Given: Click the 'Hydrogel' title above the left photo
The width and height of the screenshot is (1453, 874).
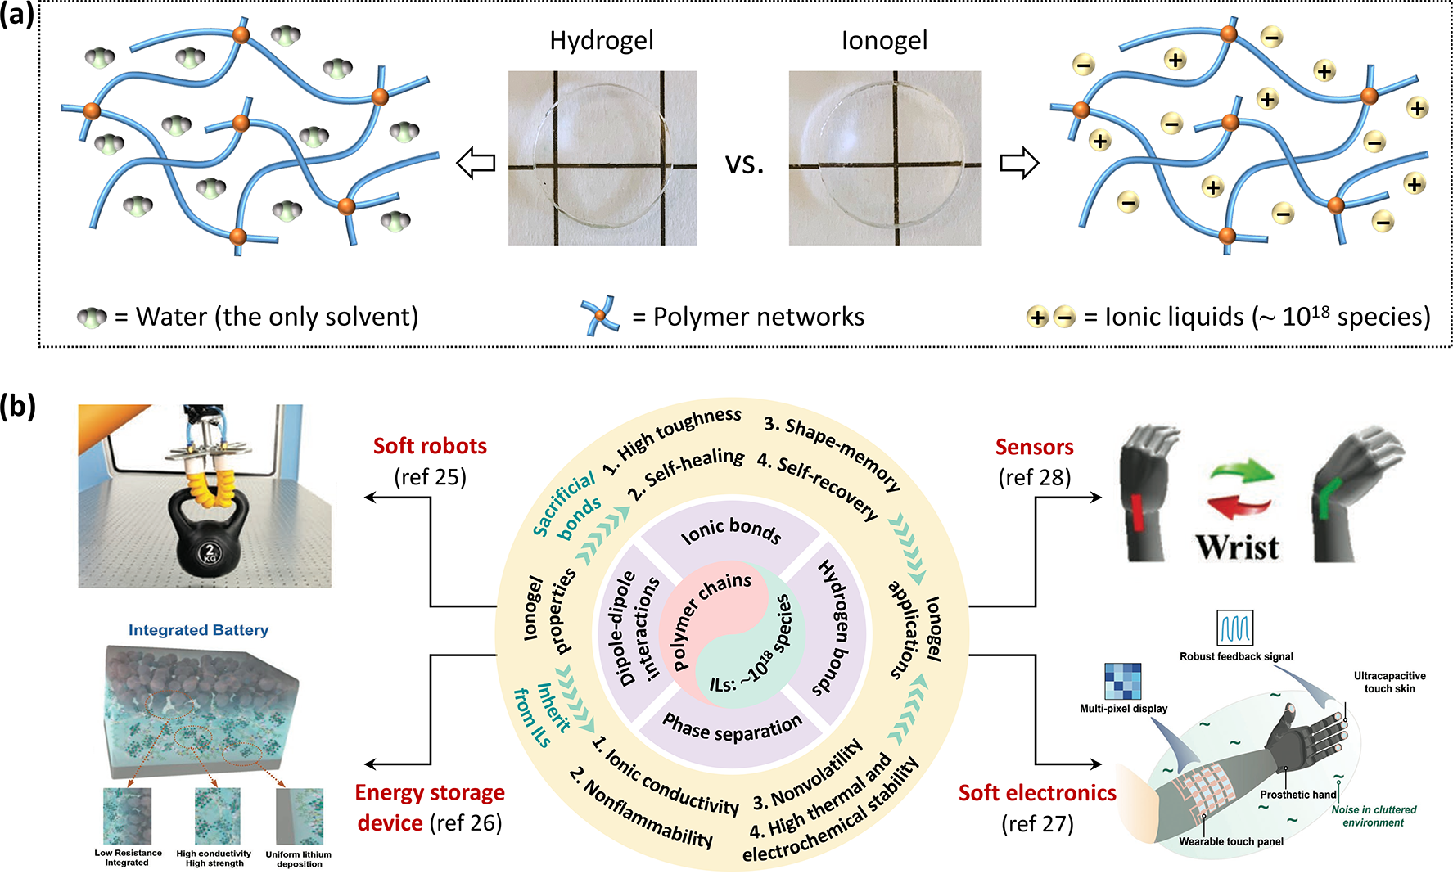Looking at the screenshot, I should tap(602, 41).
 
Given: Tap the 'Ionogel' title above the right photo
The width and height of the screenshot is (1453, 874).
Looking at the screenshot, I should tap(884, 41).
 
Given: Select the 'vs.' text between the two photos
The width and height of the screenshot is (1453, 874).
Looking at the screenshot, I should tap(744, 164).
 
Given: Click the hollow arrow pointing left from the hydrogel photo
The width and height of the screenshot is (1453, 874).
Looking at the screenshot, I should tap(476, 163).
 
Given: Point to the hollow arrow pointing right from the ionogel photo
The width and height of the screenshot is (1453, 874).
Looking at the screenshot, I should tap(1019, 163).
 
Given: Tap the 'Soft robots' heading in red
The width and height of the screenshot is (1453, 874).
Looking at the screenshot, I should tap(430, 446).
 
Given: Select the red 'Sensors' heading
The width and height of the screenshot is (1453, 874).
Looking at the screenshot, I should tap(1034, 447).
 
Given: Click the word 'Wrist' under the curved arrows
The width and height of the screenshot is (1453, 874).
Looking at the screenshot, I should tap(1237, 547).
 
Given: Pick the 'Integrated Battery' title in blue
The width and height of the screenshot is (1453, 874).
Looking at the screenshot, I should tap(198, 630).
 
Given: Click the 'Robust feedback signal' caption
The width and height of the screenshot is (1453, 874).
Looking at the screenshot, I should tap(1236, 656).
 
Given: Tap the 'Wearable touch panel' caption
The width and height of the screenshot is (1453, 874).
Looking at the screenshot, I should tap(1230, 841).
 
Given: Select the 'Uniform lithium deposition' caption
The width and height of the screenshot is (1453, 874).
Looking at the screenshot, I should tap(299, 858).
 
